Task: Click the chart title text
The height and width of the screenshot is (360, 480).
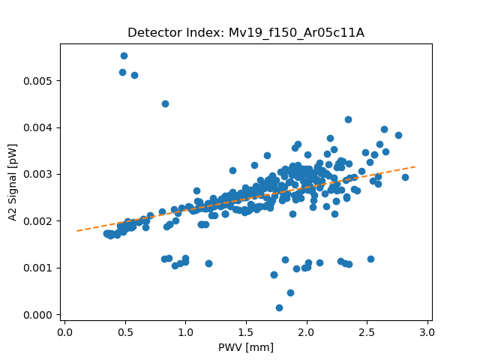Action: click(246, 32)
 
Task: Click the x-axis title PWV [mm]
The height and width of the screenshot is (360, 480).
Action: click(246, 347)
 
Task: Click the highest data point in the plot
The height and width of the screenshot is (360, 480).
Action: click(124, 55)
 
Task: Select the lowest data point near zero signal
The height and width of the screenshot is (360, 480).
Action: click(279, 307)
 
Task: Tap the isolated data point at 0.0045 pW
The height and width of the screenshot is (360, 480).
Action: click(165, 103)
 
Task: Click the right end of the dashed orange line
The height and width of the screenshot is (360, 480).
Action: click(415, 166)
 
